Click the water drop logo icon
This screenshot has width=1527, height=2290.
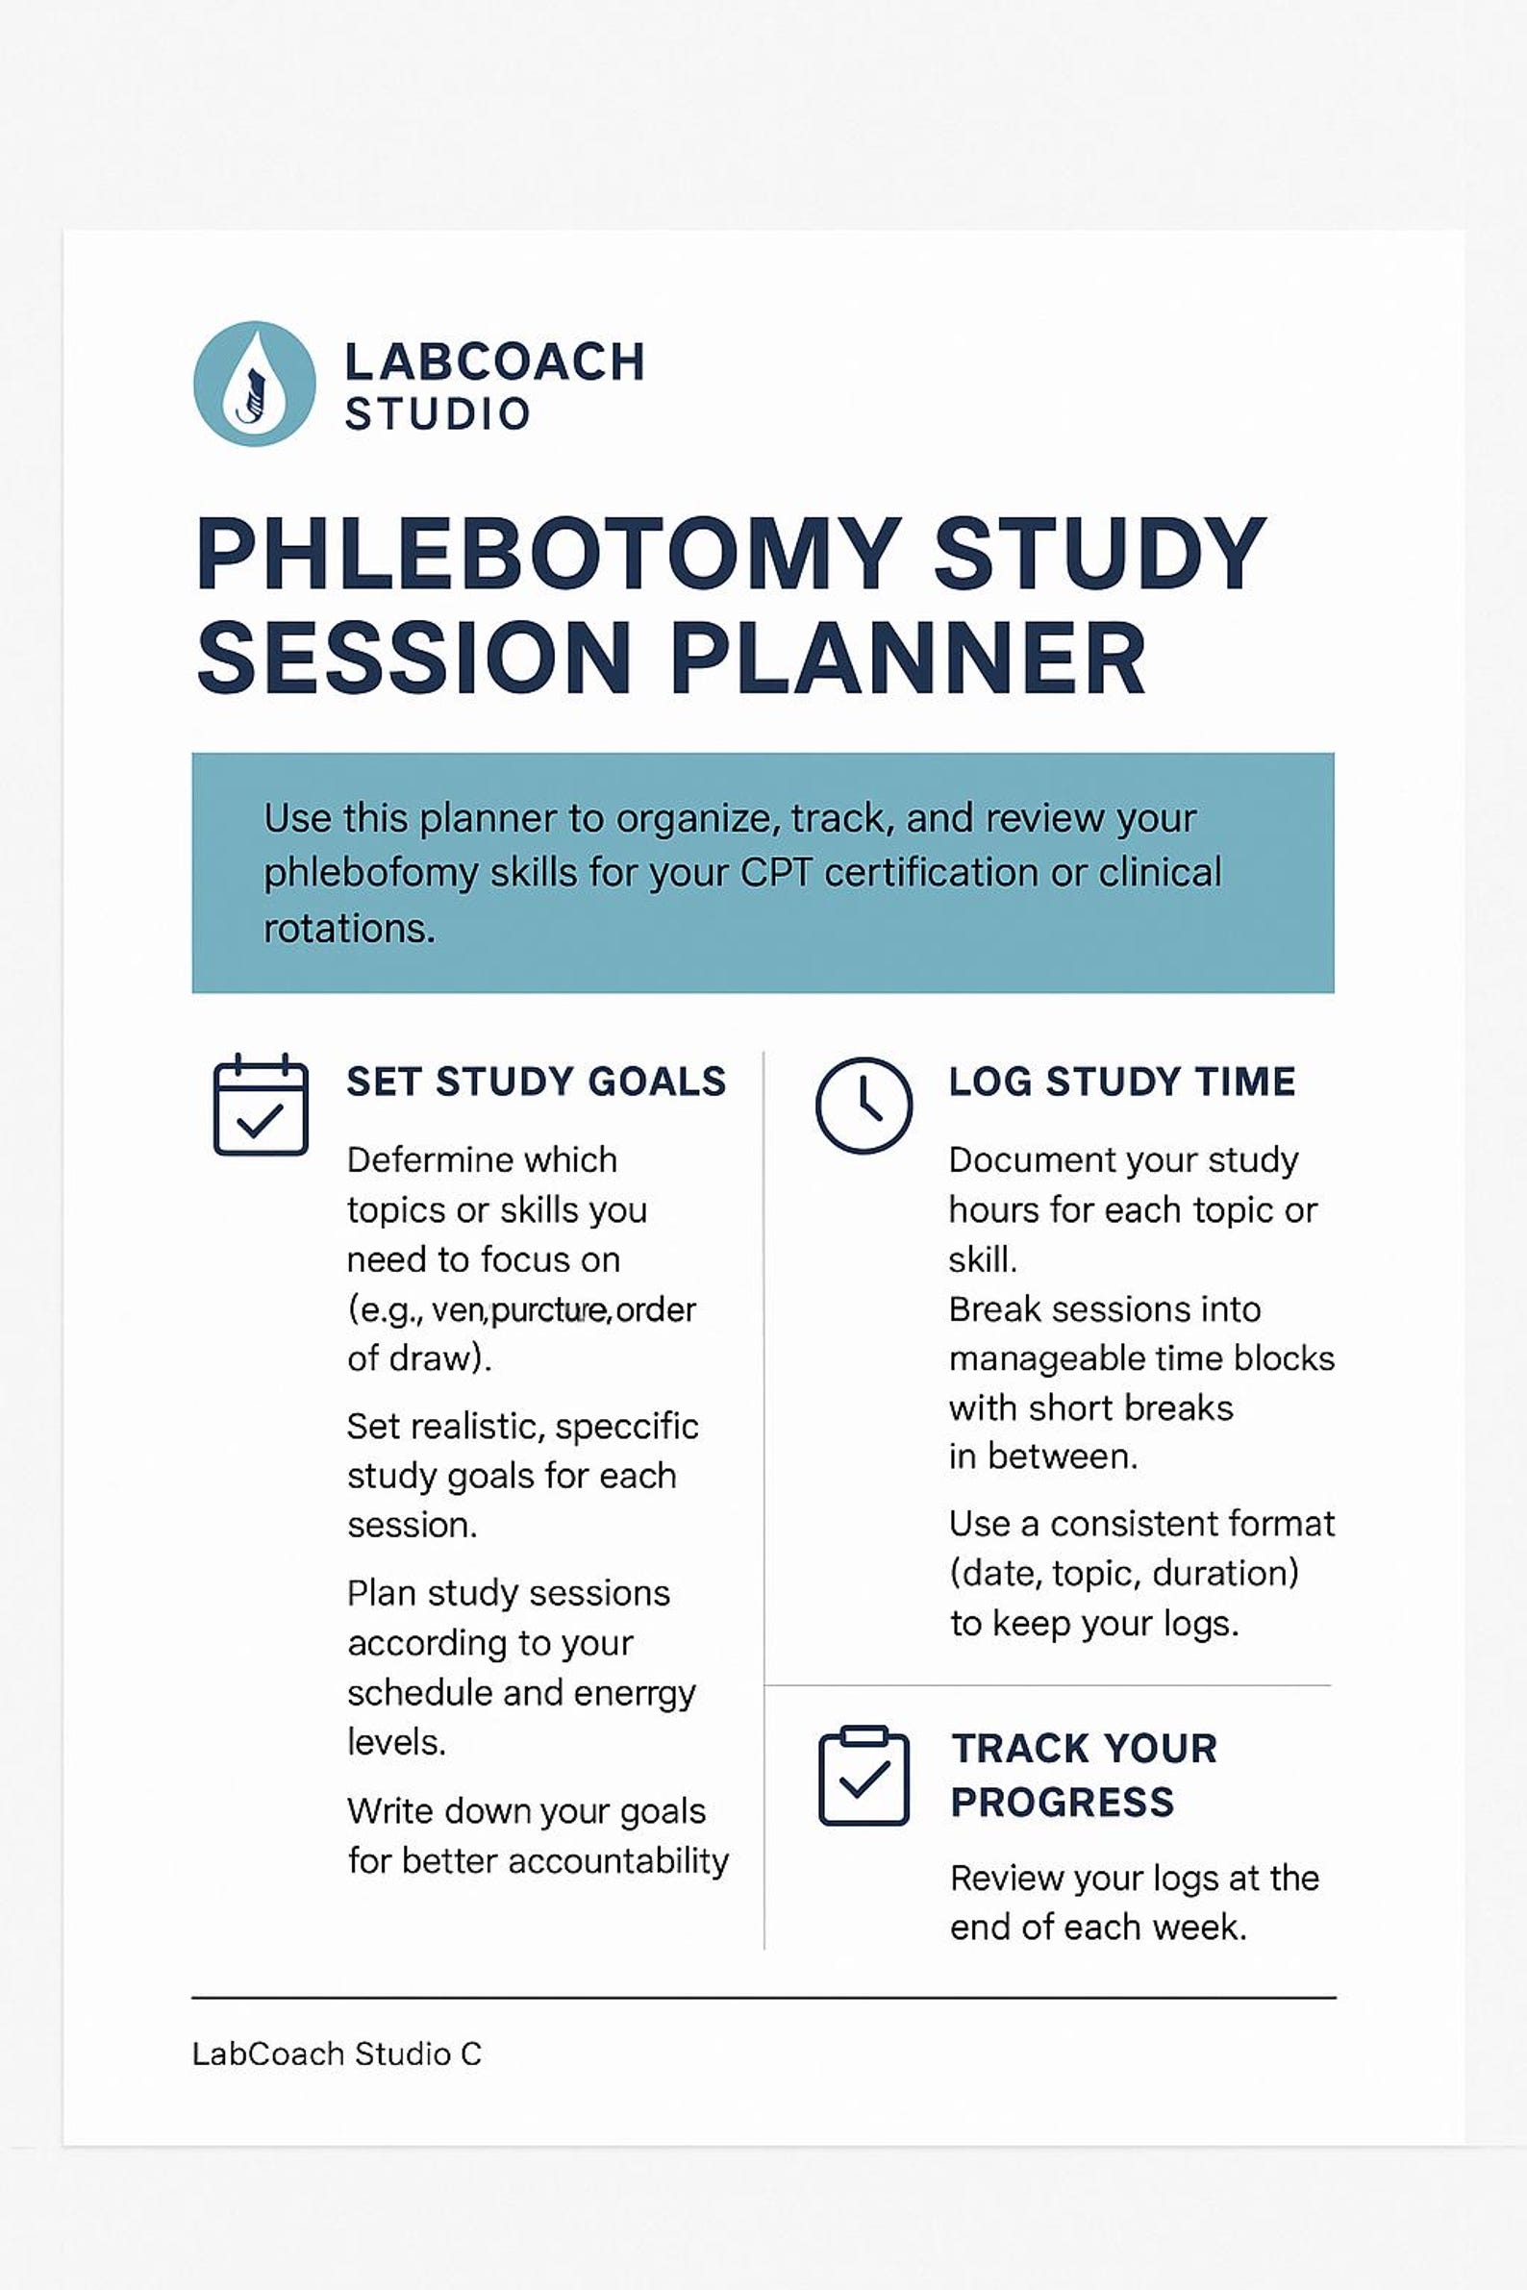tap(254, 384)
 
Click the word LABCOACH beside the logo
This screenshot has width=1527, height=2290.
tap(494, 362)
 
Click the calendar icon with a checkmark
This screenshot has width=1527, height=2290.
tap(260, 1105)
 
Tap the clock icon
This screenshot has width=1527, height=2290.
tap(864, 1105)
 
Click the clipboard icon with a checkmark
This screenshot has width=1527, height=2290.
tap(864, 1775)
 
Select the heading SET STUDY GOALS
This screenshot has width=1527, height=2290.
tap(537, 1082)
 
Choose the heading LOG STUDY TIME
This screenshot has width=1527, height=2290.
tap(1122, 1082)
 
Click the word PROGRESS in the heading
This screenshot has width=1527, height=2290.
tap(1063, 1803)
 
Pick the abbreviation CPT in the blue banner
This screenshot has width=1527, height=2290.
tap(776, 872)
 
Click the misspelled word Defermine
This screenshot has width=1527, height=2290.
tap(482, 1159)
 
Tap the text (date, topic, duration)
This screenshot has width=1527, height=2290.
tap(1124, 1574)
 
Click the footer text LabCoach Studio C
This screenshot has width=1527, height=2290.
tap(336, 2054)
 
